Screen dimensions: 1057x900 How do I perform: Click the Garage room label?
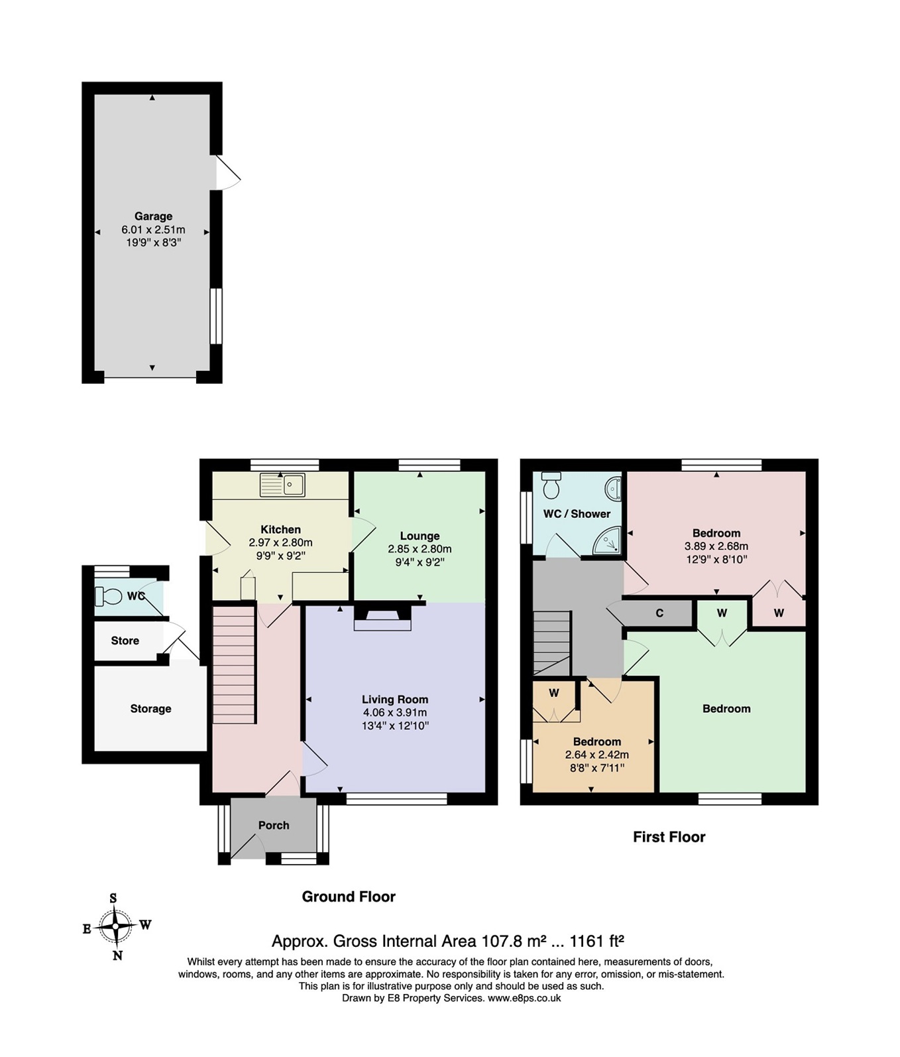coord(153,216)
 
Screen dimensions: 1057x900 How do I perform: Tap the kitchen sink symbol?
coord(283,485)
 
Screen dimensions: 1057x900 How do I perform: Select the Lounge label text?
coord(420,536)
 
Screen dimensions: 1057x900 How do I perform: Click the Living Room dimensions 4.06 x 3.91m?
coord(394,712)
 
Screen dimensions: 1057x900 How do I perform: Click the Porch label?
coord(274,825)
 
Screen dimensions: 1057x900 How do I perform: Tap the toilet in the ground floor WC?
coord(109,596)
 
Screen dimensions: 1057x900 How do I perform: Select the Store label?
coord(125,641)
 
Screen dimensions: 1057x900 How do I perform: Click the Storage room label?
coord(150,708)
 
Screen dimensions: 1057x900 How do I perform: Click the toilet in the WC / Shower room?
coord(551,486)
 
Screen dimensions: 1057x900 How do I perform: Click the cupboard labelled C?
coord(659,613)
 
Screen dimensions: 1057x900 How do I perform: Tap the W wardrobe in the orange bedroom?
coord(554,693)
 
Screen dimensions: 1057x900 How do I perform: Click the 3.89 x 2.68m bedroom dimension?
coord(716,546)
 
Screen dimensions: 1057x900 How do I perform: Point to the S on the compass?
coord(113,899)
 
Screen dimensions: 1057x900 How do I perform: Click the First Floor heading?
coord(669,837)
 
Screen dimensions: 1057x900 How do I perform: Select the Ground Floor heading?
coord(349,897)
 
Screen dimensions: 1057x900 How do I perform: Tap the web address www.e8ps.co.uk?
coord(524,998)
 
